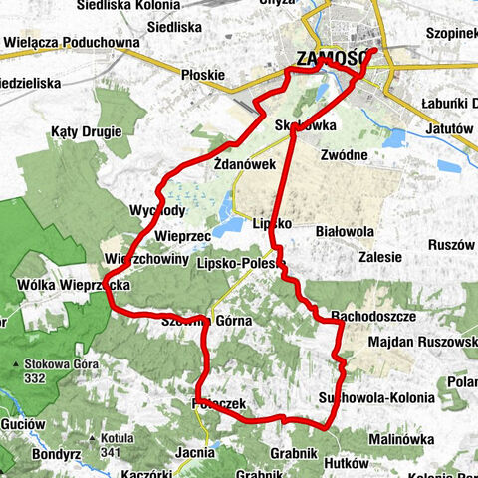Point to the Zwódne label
(x=345, y=155)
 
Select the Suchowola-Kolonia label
(x=375, y=398)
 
